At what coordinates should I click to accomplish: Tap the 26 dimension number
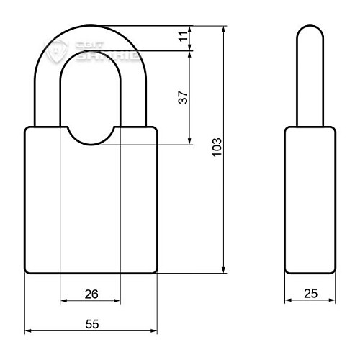[x=91, y=293]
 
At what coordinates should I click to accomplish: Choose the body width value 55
[x=91, y=325]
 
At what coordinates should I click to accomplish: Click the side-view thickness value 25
[x=310, y=293]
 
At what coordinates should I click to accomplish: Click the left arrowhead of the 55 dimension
[x=30, y=331]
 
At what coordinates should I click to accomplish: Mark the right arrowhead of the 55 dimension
[x=153, y=331]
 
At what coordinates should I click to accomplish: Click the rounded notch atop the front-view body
[x=91, y=137]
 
